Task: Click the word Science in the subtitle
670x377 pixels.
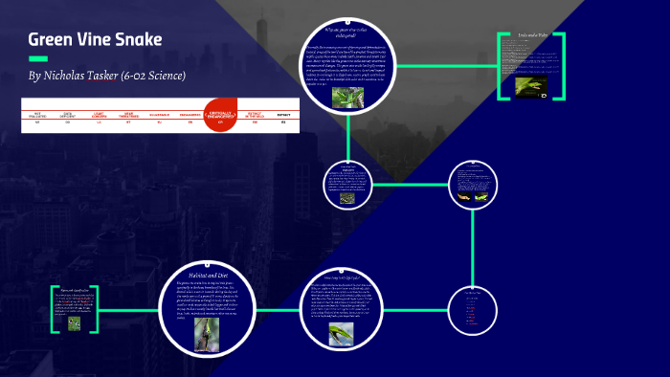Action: [162, 76]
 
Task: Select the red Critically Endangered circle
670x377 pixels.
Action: [220, 114]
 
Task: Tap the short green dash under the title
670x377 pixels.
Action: [38, 58]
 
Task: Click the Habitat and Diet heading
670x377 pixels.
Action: [212, 275]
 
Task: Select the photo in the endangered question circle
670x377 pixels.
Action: [341, 98]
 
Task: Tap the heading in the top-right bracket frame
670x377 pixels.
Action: [531, 36]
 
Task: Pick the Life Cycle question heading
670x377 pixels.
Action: [342, 278]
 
